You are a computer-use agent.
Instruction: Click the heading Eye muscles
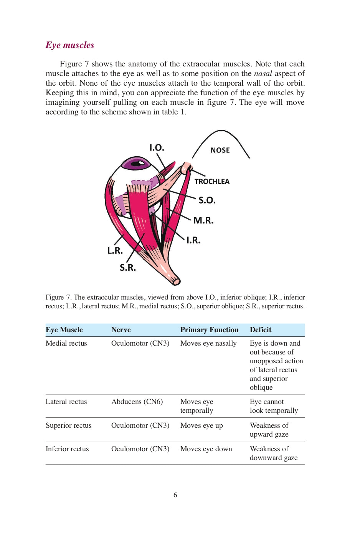pyautogui.click(x=70, y=45)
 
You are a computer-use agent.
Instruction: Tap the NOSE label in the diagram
pyautogui.click(x=220, y=150)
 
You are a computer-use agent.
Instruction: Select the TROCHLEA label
pyautogui.click(x=212, y=181)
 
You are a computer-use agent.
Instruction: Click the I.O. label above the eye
pyautogui.click(x=157, y=147)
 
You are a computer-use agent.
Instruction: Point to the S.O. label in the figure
pyautogui.click(x=207, y=200)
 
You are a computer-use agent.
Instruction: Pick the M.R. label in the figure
pyautogui.click(x=203, y=220)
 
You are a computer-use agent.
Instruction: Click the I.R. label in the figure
pyautogui.click(x=193, y=240)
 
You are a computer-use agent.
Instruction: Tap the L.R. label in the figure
pyautogui.click(x=115, y=251)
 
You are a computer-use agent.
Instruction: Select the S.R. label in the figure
pyautogui.click(x=128, y=268)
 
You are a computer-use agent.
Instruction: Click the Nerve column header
pyautogui.click(x=121, y=330)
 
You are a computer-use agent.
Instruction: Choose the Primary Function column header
pyautogui.click(x=209, y=330)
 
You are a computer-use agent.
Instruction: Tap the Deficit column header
pyautogui.click(x=260, y=330)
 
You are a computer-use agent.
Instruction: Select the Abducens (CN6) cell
pyautogui.click(x=137, y=402)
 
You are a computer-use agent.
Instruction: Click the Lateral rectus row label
pyautogui.click(x=66, y=402)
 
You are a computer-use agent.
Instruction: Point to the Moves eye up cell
pyautogui.click(x=201, y=425)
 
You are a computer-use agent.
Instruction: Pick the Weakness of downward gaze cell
pyautogui.click(x=273, y=453)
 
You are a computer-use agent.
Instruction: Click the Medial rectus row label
pyautogui.click(x=66, y=343)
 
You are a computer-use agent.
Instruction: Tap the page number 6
pyautogui.click(x=175, y=495)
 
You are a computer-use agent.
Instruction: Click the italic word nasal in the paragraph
pyautogui.click(x=263, y=73)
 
